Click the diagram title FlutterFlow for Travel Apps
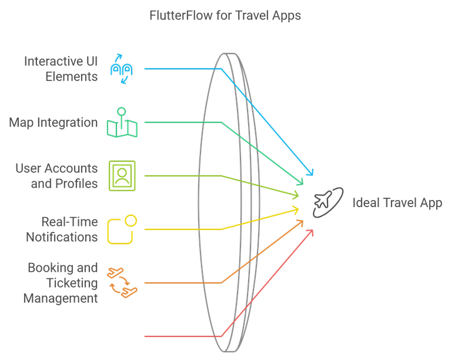pos(225,15)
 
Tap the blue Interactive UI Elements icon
pos(122,69)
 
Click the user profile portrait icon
pos(122,176)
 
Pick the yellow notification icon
pos(122,229)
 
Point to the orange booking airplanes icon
pos(122,282)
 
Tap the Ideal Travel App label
pos(397,203)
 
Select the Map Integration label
pos(54,122)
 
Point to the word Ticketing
pos(72,283)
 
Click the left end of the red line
pos(145,336)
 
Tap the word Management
pos(61,298)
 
